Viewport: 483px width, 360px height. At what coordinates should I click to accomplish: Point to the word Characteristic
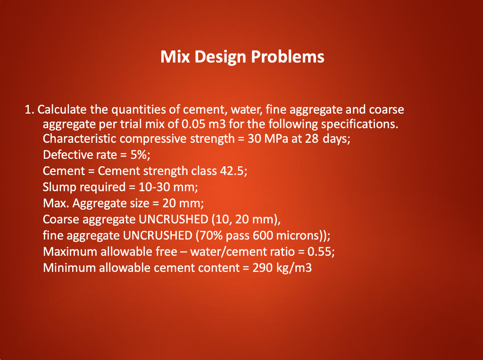point(79,139)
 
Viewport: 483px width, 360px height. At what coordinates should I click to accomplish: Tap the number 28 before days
point(312,139)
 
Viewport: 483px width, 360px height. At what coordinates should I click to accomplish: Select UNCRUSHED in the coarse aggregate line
point(174,220)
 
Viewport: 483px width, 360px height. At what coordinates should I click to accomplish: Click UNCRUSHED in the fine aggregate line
point(158,236)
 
